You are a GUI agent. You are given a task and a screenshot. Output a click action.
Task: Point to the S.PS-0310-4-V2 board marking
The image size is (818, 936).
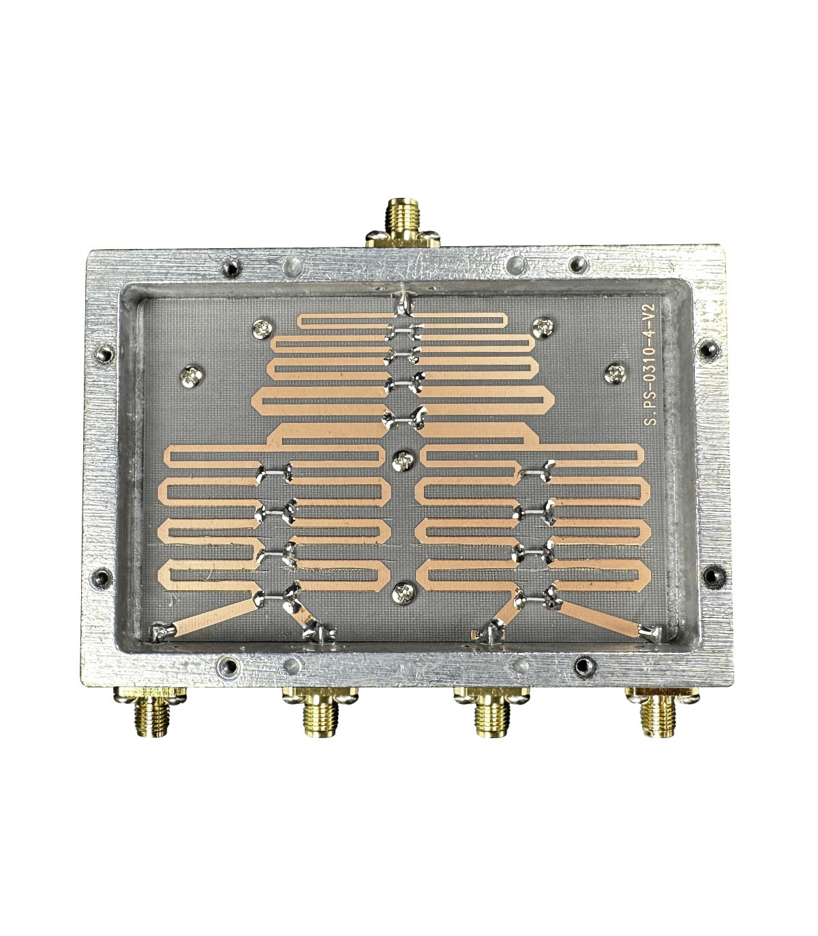click(650, 364)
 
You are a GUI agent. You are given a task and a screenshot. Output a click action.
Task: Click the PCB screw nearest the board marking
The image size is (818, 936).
click(615, 373)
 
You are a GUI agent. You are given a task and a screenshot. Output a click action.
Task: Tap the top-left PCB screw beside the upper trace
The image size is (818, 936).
click(262, 329)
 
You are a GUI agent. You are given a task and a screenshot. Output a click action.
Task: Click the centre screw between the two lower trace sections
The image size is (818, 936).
click(404, 460)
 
